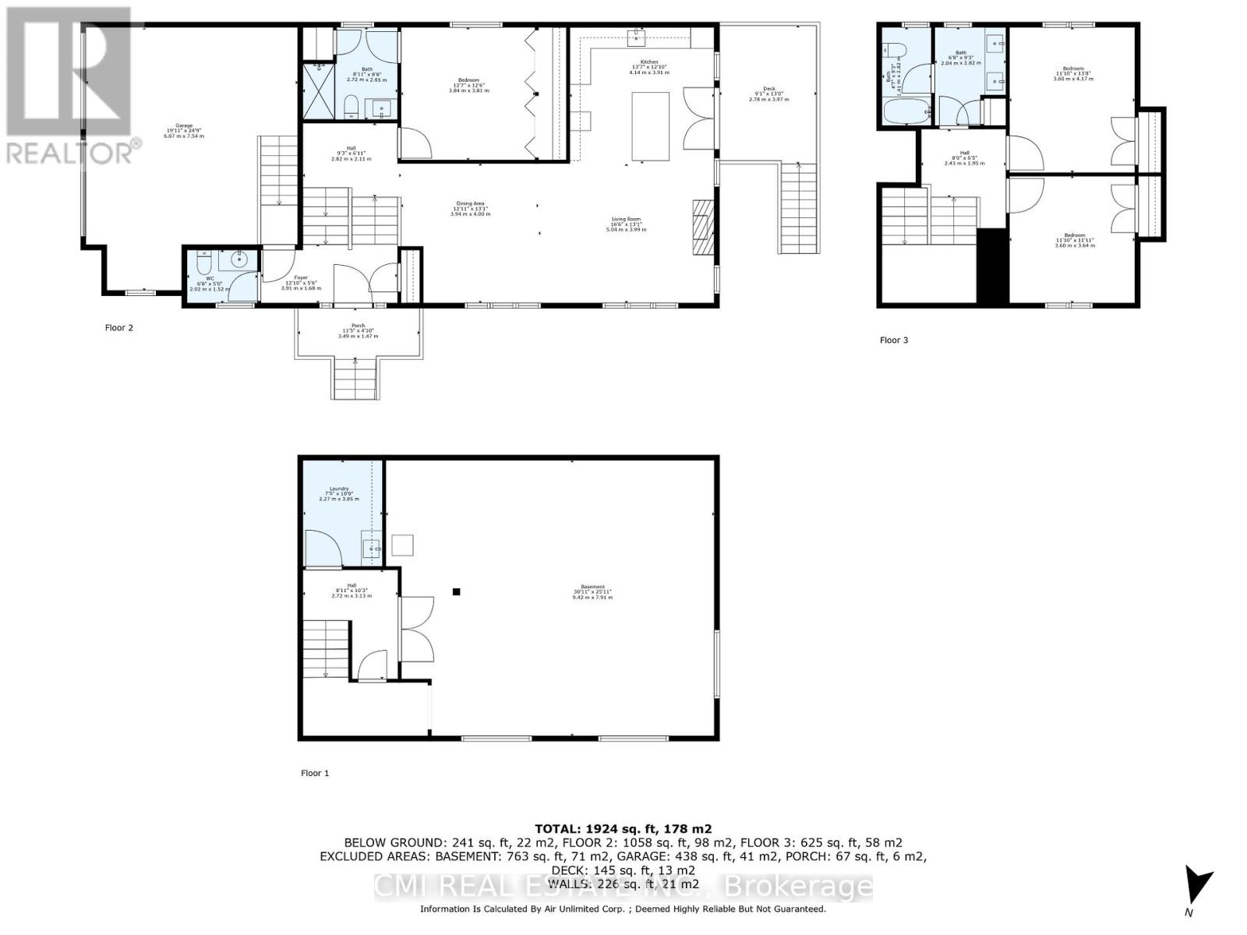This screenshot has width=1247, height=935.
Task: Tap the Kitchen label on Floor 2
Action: click(x=649, y=67)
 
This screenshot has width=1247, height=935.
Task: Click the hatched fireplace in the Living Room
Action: click(x=703, y=227)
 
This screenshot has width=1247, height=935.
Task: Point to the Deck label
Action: click(x=768, y=93)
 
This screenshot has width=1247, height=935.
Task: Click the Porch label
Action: click(x=358, y=331)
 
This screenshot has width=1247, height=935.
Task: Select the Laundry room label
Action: click(x=339, y=494)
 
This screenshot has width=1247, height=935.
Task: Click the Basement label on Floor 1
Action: click(x=592, y=591)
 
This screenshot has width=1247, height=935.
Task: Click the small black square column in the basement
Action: click(x=457, y=591)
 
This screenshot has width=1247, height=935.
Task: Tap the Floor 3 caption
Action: click(x=894, y=340)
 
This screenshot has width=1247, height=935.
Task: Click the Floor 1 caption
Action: click(x=315, y=773)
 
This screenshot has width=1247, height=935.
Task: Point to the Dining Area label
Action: click(x=470, y=208)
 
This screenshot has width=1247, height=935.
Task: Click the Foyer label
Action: click(x=301, y=283)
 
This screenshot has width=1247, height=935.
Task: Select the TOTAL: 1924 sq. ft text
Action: click(x=623, y=829)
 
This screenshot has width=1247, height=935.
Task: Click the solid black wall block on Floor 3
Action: click(x=992, y=266)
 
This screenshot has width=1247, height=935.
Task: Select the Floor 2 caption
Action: click(x=119, y=328)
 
